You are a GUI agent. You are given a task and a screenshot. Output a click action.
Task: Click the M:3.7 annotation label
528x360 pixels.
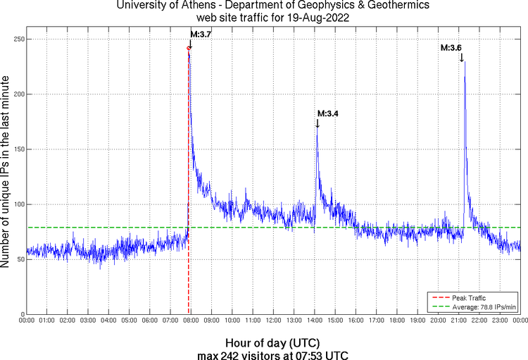(x=201, y=34)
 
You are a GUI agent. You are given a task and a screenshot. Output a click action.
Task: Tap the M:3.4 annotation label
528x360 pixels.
(x=328, y=113)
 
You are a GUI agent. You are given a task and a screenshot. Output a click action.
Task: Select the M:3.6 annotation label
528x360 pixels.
(x=451, y=47)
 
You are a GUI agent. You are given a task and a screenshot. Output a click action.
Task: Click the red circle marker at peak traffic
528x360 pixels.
(x=189, y=48)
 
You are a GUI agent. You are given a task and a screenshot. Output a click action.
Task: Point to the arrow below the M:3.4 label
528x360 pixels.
(x=317, y=123)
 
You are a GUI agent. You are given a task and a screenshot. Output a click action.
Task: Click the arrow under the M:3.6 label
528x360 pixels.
(x=462, y=57)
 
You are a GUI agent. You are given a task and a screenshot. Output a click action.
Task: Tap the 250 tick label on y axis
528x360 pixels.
(x=15, y=39)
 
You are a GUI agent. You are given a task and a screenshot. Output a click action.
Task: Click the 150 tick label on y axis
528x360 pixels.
(x=15, y=149)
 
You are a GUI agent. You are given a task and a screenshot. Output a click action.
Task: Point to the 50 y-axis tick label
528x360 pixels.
(x=18, y=259)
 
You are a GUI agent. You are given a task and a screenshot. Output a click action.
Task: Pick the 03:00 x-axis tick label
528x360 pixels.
(x=88, y=321)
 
